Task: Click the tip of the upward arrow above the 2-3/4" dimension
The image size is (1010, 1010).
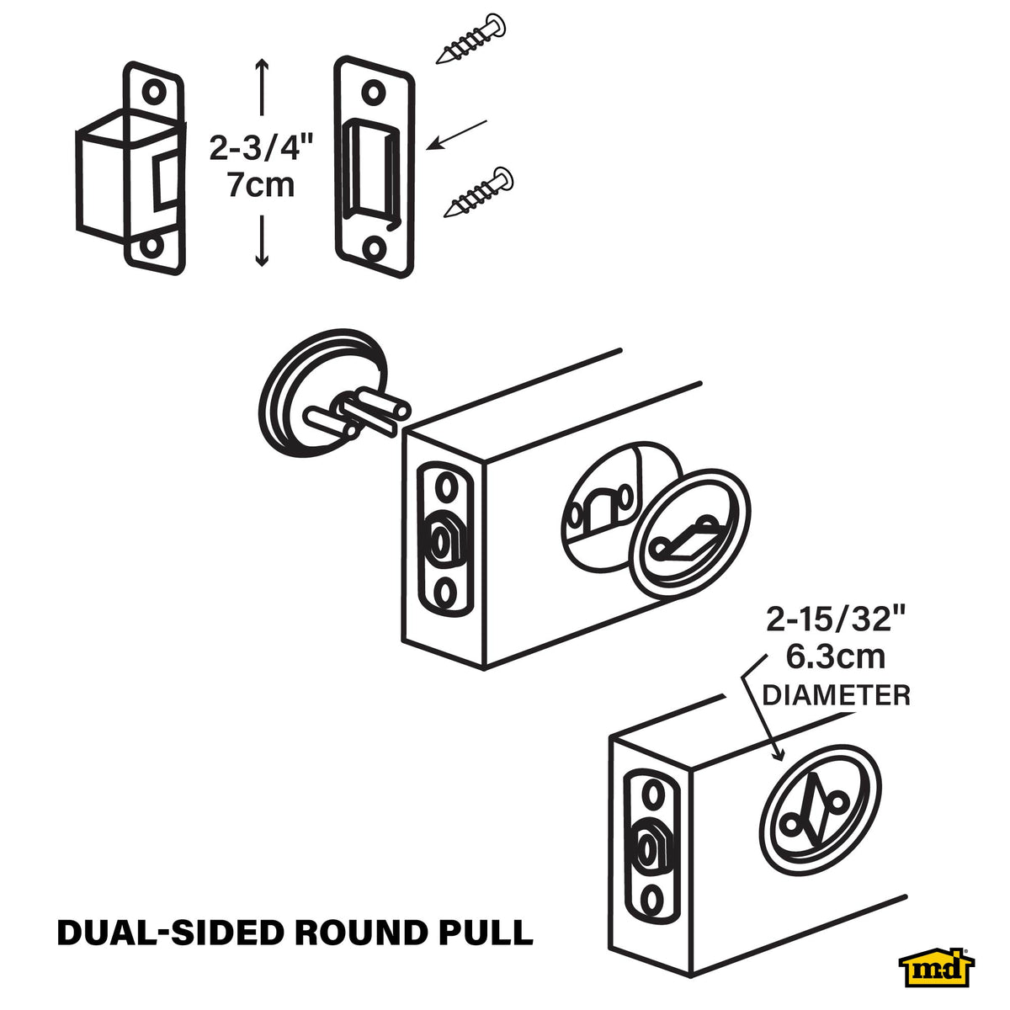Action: click(262, 59)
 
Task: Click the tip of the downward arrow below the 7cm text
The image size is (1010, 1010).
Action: click(262, 267)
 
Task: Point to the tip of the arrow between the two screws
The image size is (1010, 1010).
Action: click(427, 149)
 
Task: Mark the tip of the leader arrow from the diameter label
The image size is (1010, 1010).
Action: click(781, 760)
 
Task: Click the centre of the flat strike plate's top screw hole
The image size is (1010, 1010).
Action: click(373, 93)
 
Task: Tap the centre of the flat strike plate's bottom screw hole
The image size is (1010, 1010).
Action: click(374, 248)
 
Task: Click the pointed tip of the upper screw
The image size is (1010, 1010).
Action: click(437, 63)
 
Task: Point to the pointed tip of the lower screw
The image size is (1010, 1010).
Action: click(444, 216)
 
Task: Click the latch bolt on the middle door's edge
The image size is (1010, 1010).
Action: click(444, 539)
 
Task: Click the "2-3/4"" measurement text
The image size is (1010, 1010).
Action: click(261, 148)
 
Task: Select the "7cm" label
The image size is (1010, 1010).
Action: click(261, 185)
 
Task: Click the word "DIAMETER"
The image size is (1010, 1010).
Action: click(836, 695)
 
